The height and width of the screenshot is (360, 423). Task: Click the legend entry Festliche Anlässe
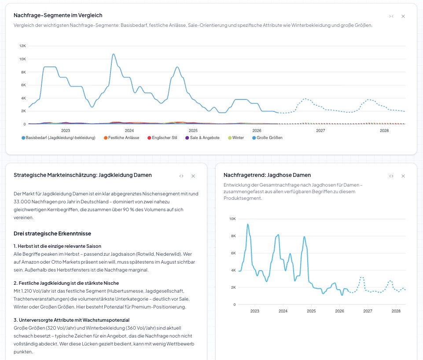(121, 137)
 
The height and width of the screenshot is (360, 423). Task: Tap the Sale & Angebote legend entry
(202, 137)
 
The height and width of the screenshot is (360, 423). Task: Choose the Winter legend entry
(236, 137)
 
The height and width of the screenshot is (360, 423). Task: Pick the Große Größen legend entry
(267, 137)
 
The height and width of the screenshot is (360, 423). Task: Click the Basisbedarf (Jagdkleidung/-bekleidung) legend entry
(59, 137)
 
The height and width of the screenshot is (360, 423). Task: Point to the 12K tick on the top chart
(22, 46)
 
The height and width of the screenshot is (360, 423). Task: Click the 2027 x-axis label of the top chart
(320, 131)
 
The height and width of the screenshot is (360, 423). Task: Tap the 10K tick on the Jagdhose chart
(232, 219)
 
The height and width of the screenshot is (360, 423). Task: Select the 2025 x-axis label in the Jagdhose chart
(311, 311)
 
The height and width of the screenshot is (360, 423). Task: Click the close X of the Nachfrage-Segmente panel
(403, 16)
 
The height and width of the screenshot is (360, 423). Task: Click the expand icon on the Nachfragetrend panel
(391, 176)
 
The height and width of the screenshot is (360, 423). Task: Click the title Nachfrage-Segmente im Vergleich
(58, 15)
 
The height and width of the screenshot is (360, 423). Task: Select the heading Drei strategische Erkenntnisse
(52, 234)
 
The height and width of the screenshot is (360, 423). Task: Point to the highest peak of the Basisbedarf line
(114, 54)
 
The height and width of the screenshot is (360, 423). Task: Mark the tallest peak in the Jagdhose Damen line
(248, 224)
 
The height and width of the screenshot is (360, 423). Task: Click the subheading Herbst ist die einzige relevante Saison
(58, 246)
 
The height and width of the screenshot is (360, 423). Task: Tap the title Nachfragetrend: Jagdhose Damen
(267, 175)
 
